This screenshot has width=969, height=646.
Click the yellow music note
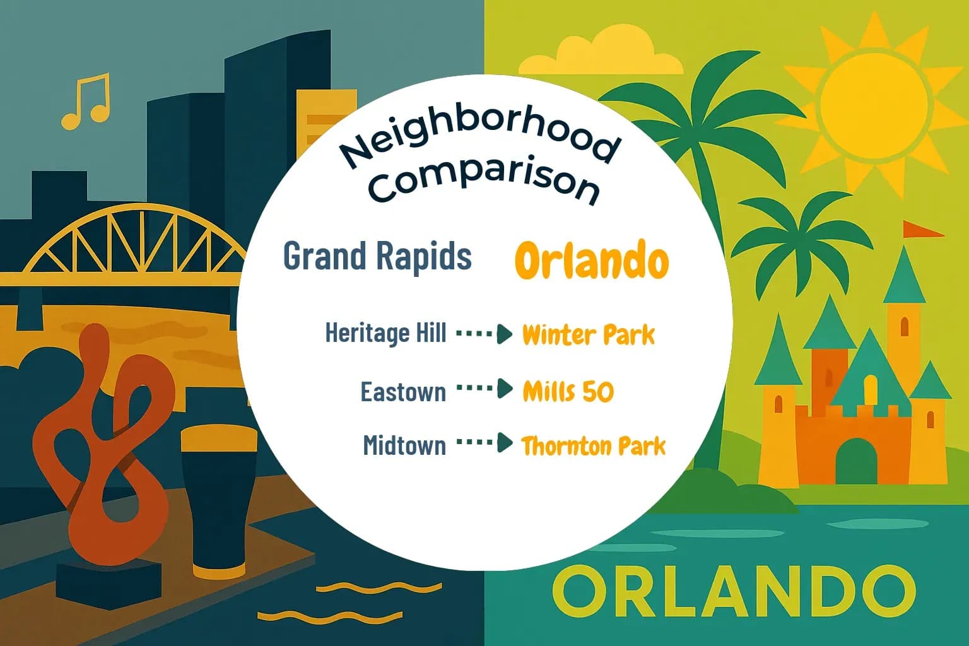[86, 102]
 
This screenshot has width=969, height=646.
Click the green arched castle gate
[856, 461]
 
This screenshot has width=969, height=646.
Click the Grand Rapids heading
[377, 256]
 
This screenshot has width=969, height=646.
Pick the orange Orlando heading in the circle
[591, 261]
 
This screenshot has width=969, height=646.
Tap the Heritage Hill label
[385, 333]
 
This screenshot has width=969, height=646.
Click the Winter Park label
[588, 335]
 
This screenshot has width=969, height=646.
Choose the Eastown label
[402, 392]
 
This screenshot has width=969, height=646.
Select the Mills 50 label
[568, 392]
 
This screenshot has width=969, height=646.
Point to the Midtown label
[404, 445]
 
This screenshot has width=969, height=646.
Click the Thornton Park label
[593, 446]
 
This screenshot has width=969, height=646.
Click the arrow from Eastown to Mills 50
[484, 389]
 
